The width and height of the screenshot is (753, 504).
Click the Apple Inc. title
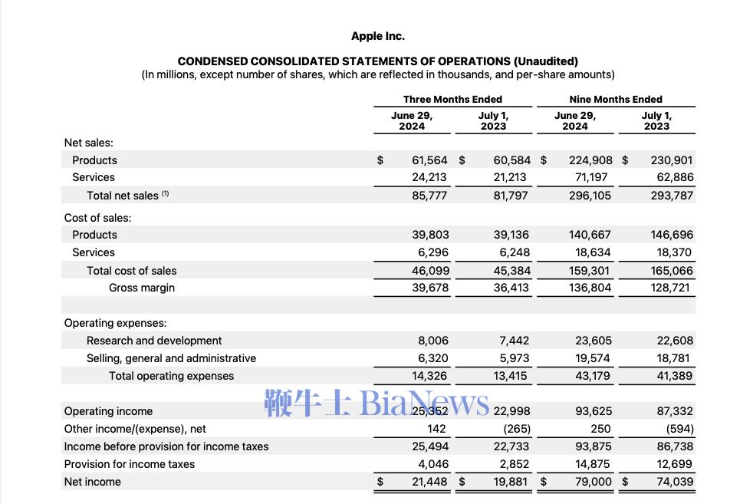[x=377, y=36]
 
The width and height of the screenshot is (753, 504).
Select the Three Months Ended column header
[x=452, y=99]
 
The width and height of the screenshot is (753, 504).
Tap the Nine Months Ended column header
[x=616, y=99]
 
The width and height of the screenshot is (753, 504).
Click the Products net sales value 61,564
[x=429, y=160]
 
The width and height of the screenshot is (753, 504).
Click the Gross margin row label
[x=142, y=288]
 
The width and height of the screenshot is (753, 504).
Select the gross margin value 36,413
[x=511, y=288]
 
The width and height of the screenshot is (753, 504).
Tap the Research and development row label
[x=154, y=341]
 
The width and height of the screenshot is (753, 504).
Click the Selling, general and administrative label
[x=171, y=358]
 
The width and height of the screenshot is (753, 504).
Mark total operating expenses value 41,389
[x=674, y=376]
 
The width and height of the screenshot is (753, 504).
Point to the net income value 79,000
[x=593, y=482]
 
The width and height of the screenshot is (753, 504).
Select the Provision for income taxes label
[x=129, y=464]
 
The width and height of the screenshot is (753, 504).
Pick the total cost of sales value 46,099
[x=431, y=271]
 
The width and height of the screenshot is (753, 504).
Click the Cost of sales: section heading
[x=97, y=218]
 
